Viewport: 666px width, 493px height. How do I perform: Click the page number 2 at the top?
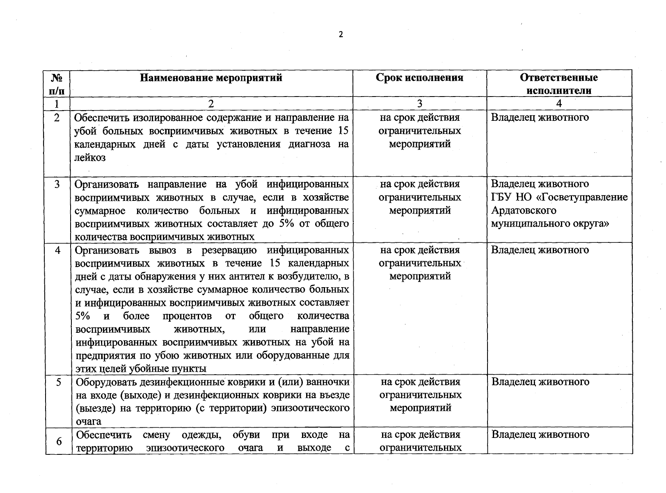click(341, 35)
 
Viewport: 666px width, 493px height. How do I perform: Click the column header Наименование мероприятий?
click(211, 78)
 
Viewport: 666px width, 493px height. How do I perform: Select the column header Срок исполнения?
click(419, 78)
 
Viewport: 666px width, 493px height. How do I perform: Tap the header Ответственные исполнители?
click(558, 84)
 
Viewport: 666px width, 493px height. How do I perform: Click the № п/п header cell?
click(57, 84)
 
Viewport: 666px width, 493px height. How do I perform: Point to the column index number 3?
click(419, 104)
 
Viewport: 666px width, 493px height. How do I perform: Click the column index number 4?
click(559, 104)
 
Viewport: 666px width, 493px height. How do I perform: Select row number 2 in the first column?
click(57, 117)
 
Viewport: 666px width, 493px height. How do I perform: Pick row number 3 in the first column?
click(57, 184)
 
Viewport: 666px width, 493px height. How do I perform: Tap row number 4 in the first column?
click(57, 250)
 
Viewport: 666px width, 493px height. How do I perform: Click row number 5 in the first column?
click(58, 382)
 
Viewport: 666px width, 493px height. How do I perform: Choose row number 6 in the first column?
click(59, 441)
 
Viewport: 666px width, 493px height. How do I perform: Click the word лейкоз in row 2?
click(90, 157)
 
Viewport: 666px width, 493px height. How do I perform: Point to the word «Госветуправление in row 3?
click(582, 197)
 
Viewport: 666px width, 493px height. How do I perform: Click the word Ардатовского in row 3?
click(524, 210)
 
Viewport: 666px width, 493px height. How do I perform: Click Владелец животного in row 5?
click(540, 382)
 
